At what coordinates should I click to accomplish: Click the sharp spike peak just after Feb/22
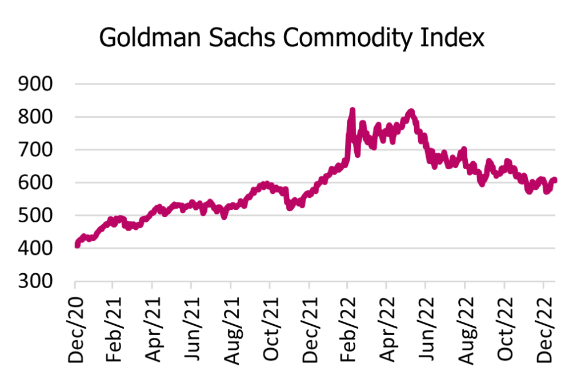[x=352, y=110]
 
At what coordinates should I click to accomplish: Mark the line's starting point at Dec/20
[x=77, y=245]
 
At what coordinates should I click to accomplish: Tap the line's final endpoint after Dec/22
[x=555, y=181]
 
